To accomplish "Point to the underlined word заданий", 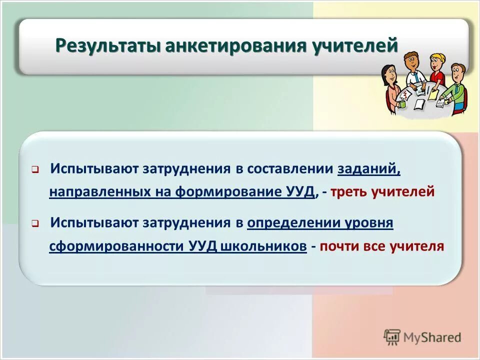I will tap(369, 169).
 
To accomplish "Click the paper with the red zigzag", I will tap(406, 93).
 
